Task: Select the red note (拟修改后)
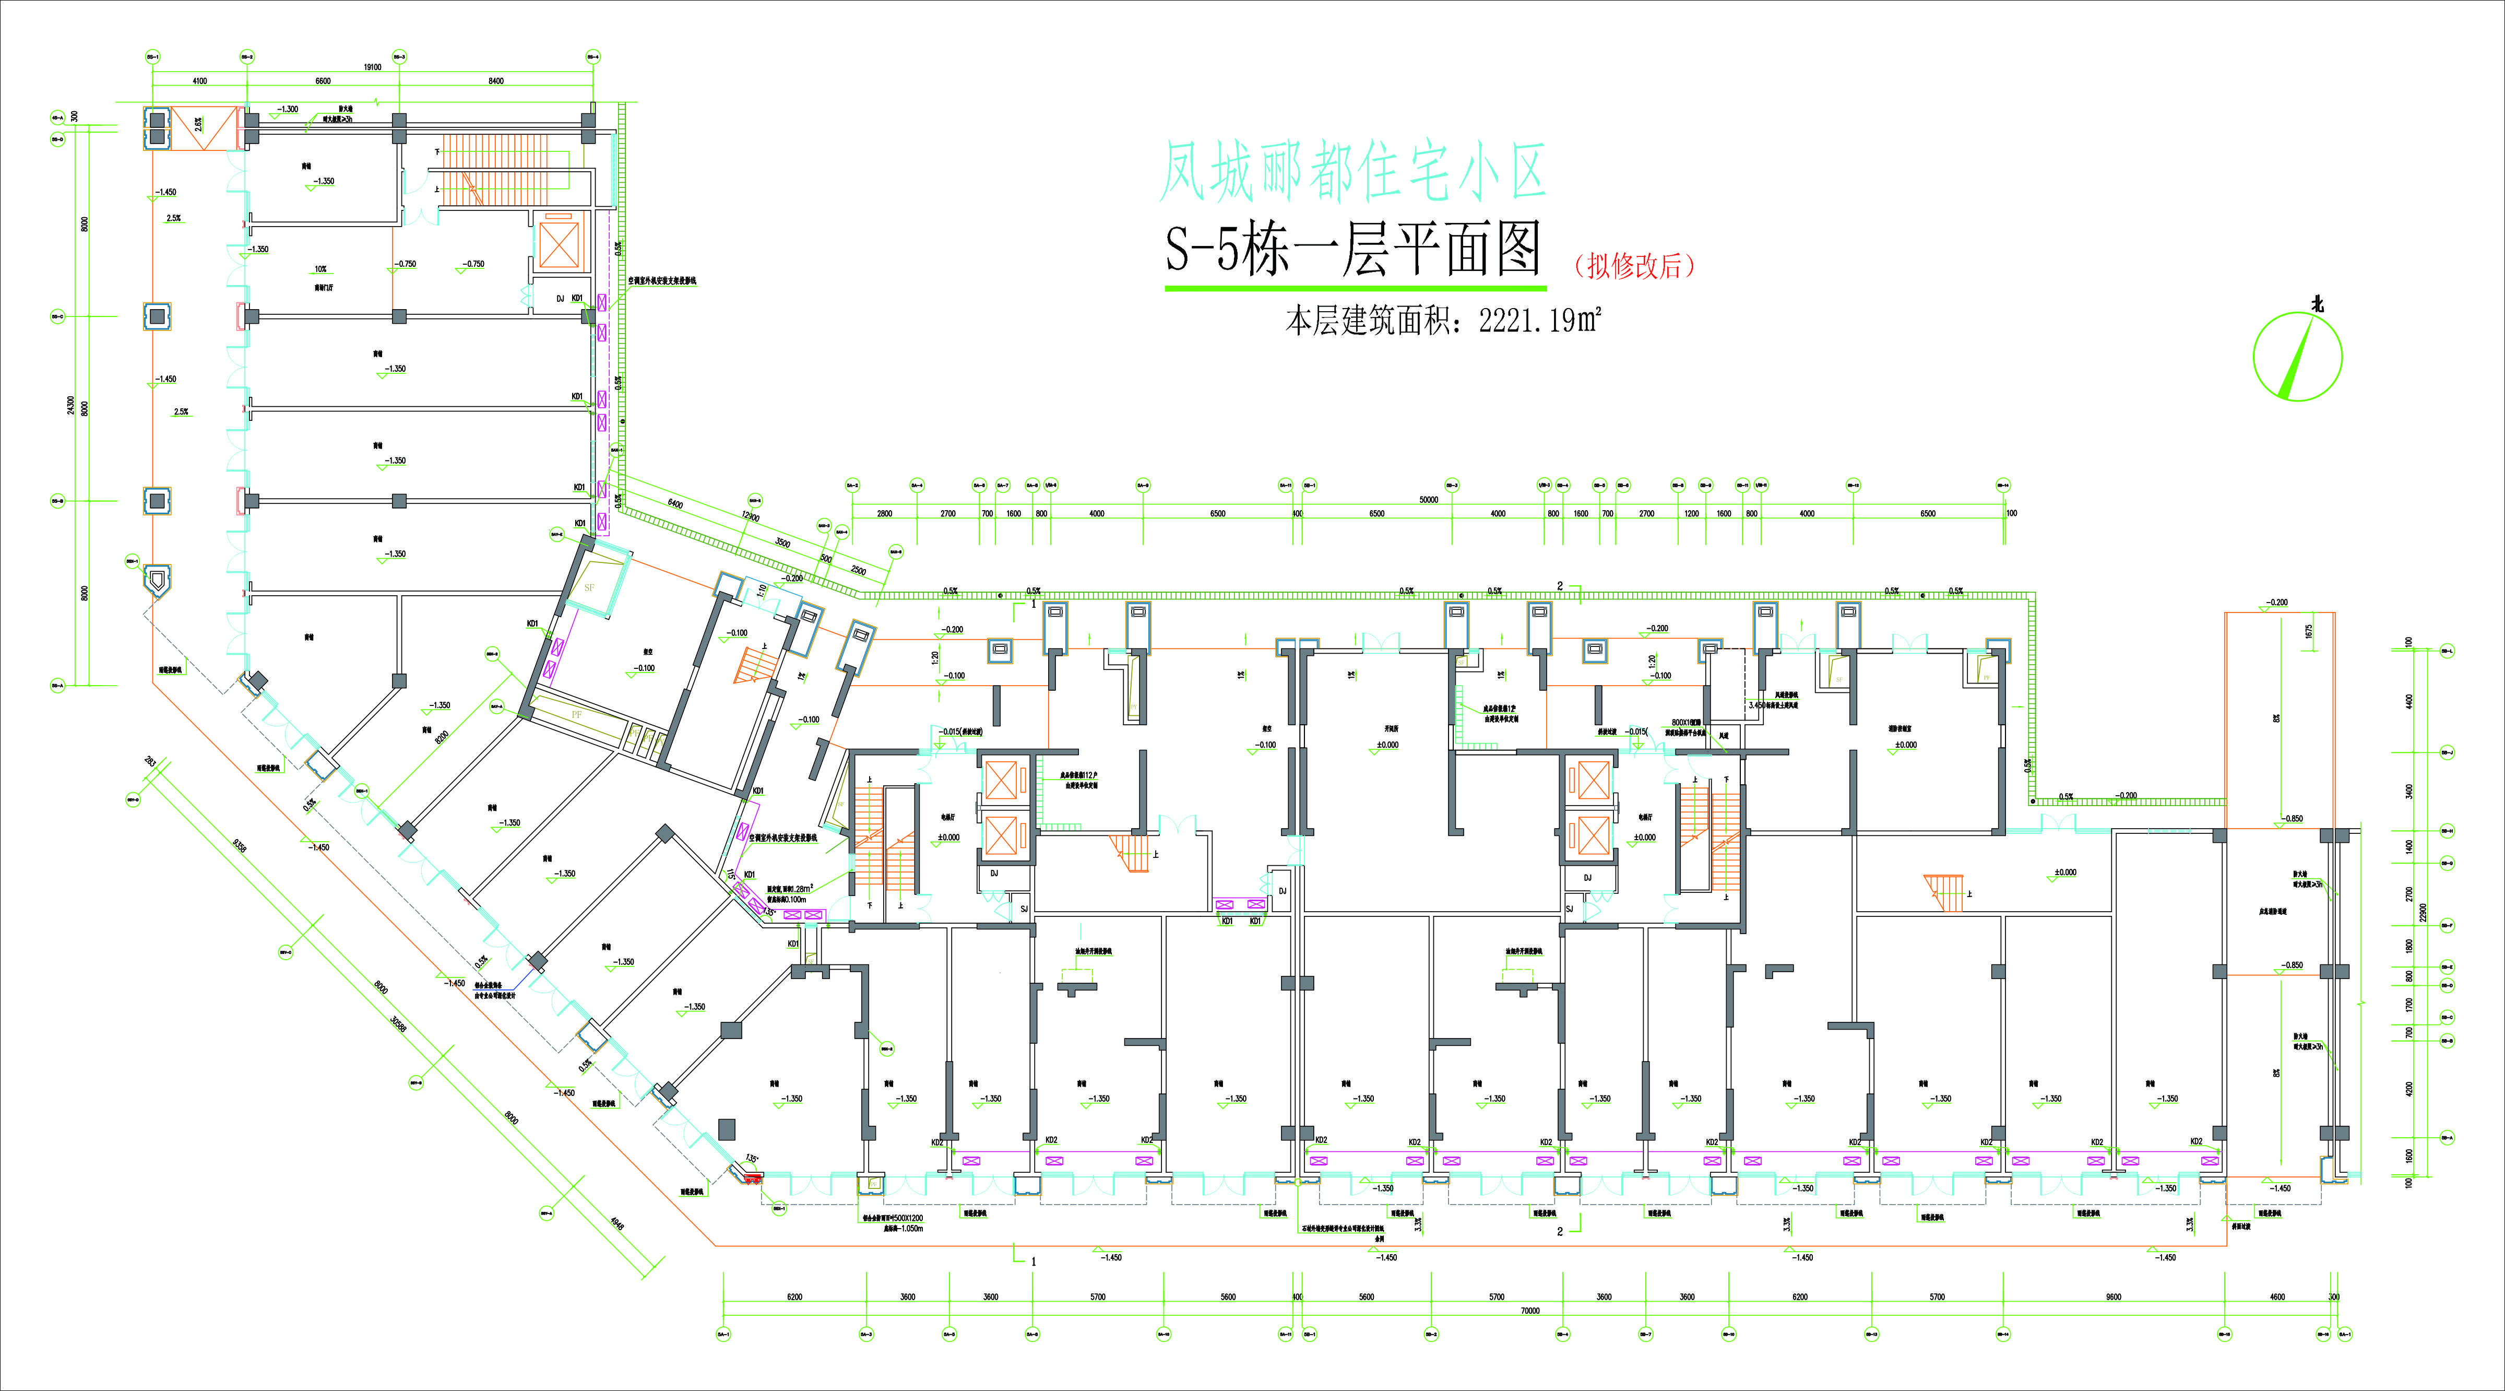click(x=1634, y=266)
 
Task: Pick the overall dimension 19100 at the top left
click(x=373, y=67)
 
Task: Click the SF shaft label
click(x=589, y=587)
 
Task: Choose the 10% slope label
click(x=320, y=269)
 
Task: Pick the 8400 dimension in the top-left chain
click(x=496, y=81)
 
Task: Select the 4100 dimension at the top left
click(x=199, y=81)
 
